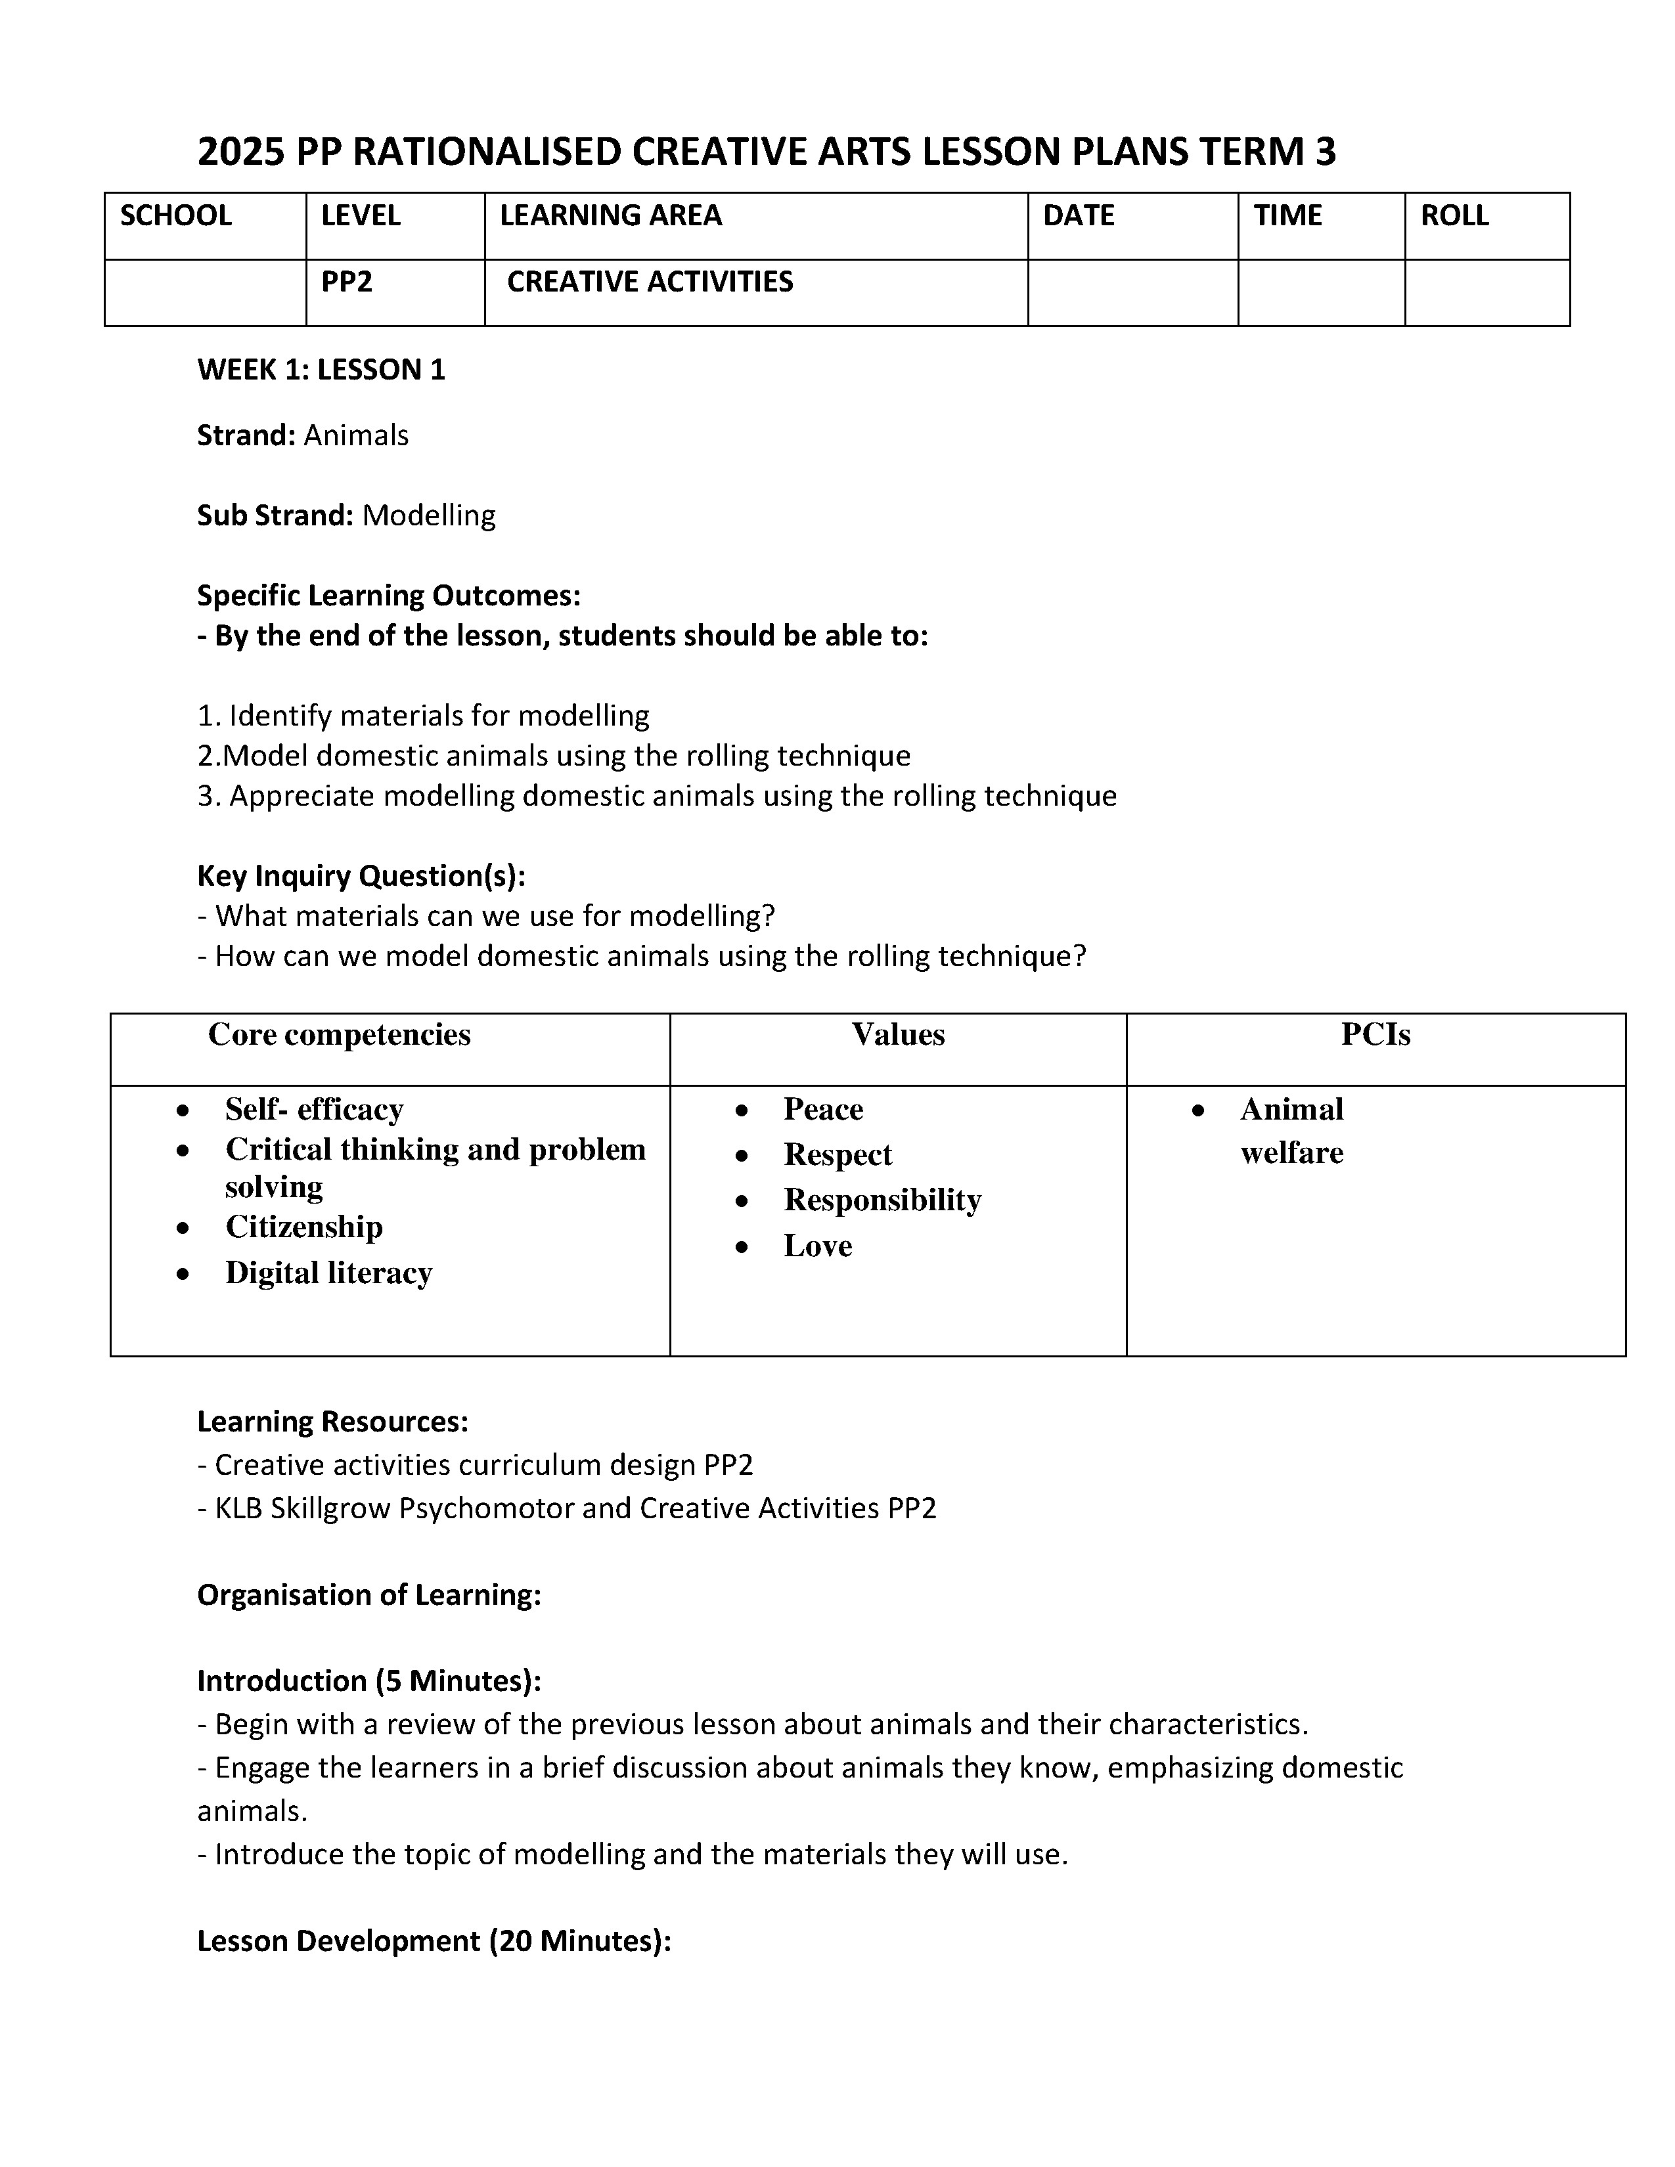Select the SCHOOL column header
[175, 215]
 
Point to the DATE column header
[1078, 215]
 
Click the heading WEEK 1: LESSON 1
[321, 370]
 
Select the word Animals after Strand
[356, 435]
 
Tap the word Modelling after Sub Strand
[429, 515]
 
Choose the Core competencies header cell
[340, 1035]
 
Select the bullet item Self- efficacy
[313, 1108]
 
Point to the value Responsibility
[882, 1200]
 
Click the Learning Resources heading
[332, 1422]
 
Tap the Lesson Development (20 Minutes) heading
[434, 1940]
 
